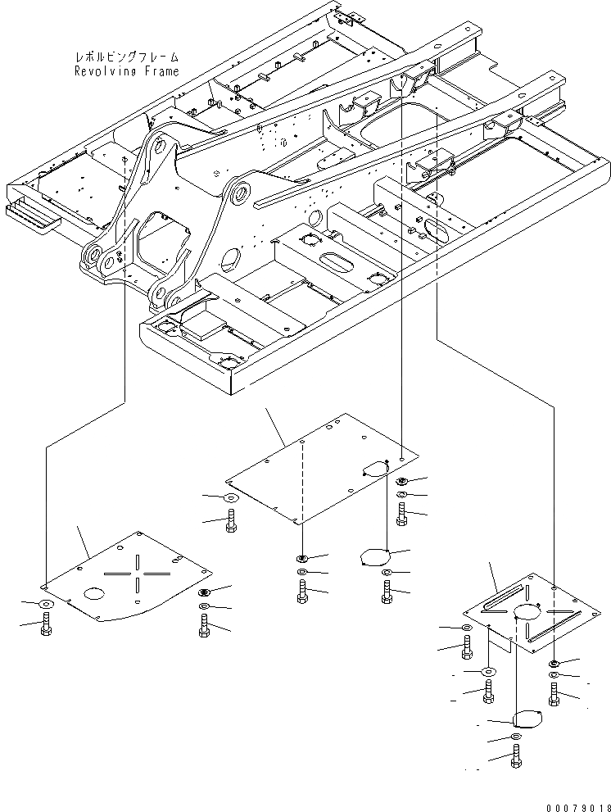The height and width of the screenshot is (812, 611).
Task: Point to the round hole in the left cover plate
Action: click(93, 592)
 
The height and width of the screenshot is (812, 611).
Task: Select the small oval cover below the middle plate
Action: click(373, 557)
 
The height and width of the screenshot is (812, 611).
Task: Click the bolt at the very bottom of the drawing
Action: click(515, 757)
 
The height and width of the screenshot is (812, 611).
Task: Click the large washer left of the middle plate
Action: click(230, 497)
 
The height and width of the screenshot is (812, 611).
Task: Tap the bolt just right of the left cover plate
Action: click(204, 626)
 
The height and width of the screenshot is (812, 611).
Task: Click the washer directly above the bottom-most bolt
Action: click(515, 738)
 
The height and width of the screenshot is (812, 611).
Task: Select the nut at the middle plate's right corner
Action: click(401, 481)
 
